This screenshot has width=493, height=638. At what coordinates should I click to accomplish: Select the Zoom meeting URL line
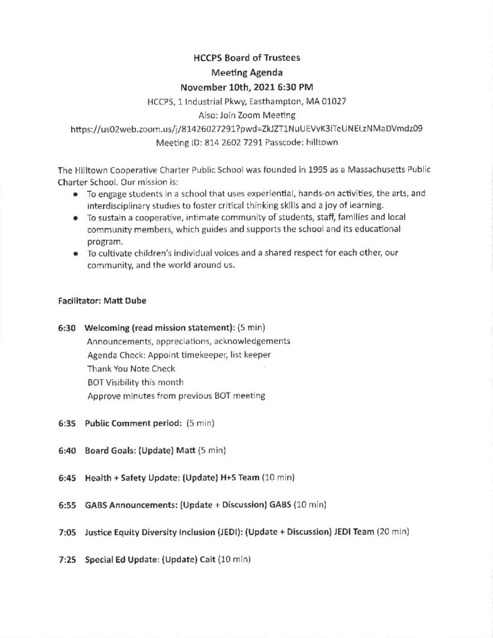(x=246, y=130)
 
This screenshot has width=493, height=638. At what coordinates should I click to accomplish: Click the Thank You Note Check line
(x=131, y=368)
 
